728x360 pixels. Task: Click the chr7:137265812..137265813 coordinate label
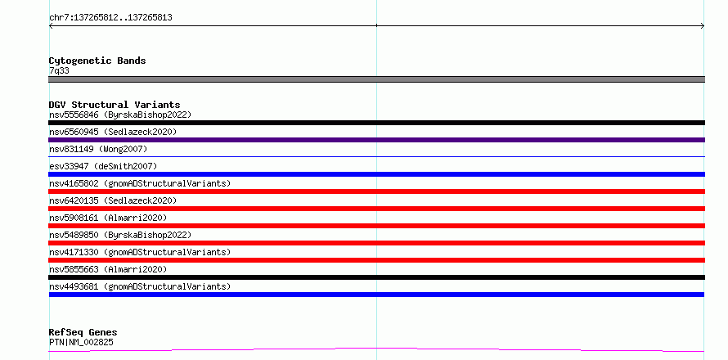click(110, 18)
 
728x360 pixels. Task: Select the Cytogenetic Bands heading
click(97, 61)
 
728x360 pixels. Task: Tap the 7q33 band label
click(60, 71)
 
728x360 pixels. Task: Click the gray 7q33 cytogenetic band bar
click(376, 79)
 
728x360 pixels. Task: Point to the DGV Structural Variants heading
click(115, 105)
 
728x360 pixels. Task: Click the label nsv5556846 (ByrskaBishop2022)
click(120, 115)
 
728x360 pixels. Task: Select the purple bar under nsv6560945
click(376, 140)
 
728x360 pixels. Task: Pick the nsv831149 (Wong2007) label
click(98, 149)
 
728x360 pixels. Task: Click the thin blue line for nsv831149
click(376, 156)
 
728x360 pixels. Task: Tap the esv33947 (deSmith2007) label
click(103, 166)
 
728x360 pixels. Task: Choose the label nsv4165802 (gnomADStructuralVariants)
click(140, 183)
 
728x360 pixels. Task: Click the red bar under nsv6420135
click(376, 209)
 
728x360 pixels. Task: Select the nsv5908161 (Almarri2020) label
click(108, 218)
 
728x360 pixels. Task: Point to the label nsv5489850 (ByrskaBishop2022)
click(120, 235)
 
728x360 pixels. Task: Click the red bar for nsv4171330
click(376, 260)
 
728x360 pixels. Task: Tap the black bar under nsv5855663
click(376, 277)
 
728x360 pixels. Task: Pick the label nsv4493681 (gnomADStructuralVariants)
click(140, 286)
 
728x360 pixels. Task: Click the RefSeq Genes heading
click(83, 333)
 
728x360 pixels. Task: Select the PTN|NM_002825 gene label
click(81, 343)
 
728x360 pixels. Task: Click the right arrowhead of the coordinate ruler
click(703, 26)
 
